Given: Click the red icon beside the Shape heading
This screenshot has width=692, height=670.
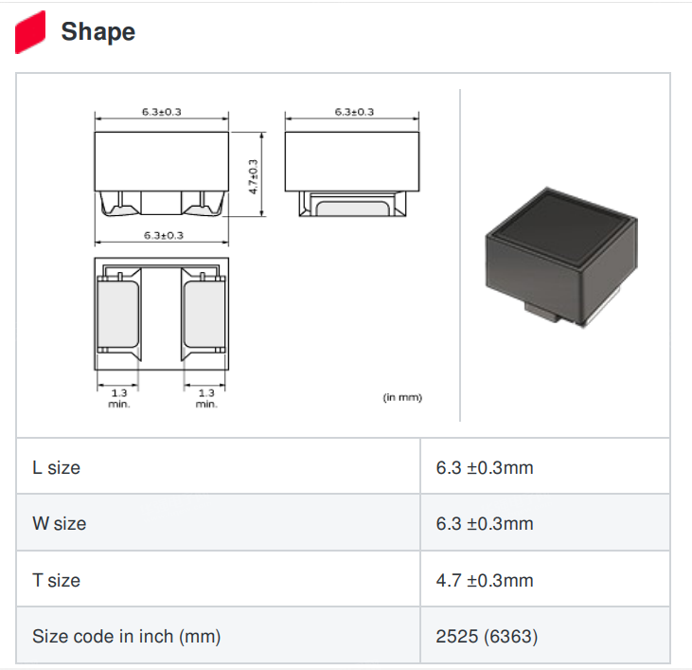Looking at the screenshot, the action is point(30,32).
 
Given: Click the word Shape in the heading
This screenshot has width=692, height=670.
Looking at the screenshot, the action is point(98,32).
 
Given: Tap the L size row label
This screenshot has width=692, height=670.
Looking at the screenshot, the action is point(56,468).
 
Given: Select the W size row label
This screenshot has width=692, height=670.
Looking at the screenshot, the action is point(59,523).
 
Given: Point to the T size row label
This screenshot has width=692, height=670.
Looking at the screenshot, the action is point(56,580).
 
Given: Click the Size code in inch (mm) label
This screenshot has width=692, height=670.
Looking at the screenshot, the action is point(126,637).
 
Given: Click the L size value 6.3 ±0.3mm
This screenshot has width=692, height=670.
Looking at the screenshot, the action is point(485,468).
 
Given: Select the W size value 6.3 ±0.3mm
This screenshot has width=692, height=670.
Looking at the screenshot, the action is point(485,523).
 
